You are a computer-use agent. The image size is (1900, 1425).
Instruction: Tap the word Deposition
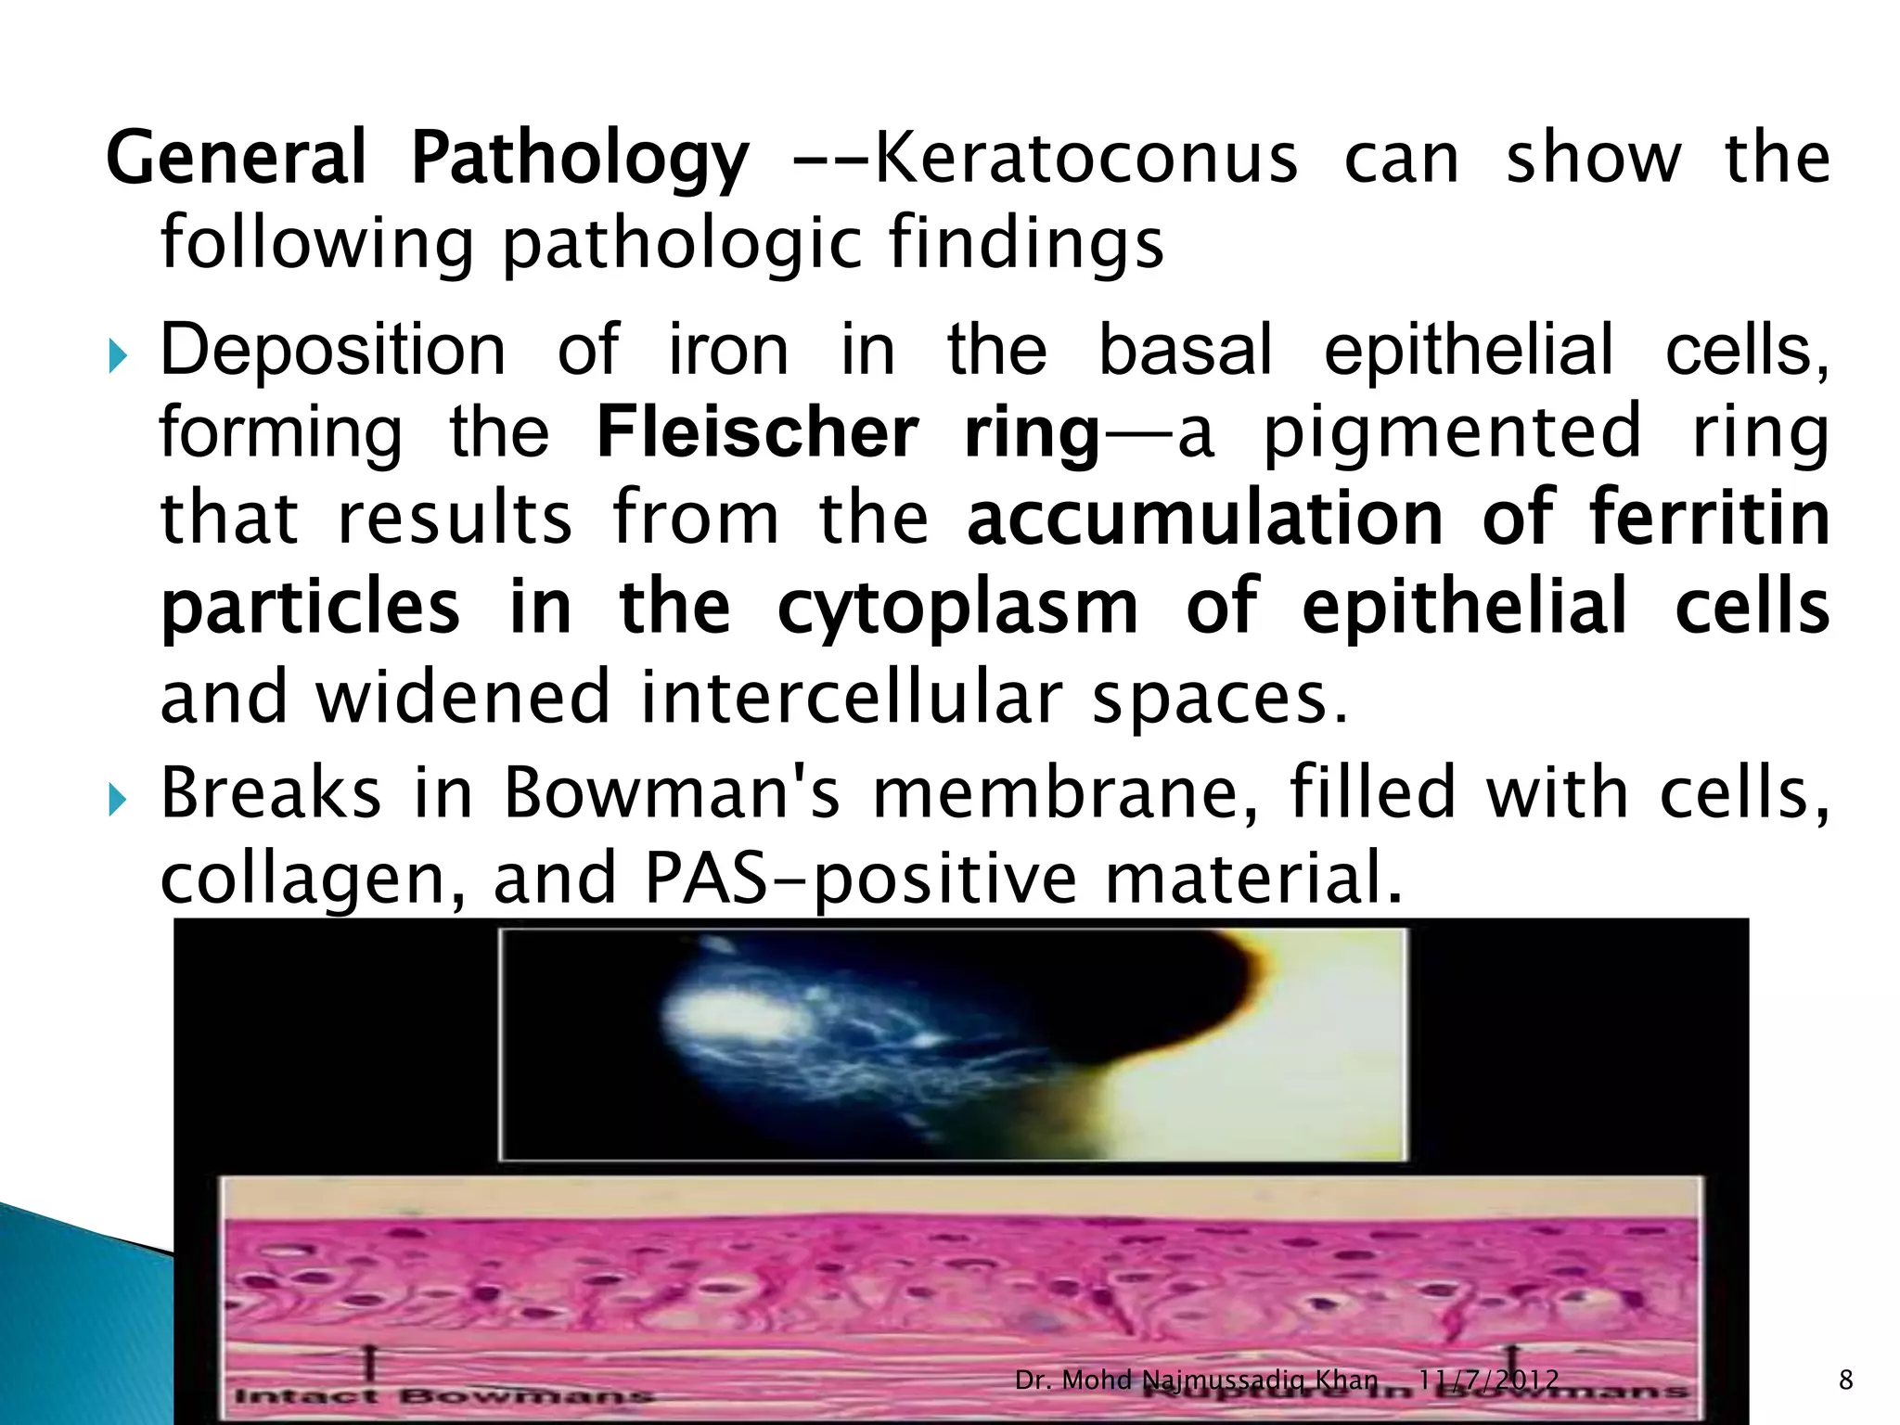[334, 351]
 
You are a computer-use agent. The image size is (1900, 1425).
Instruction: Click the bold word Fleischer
[757, 432]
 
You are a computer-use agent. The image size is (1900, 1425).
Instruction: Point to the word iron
[729, 351]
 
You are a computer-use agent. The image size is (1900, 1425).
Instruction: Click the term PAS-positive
[859, 879]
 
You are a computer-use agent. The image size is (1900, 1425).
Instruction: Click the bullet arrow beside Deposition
[116, 355]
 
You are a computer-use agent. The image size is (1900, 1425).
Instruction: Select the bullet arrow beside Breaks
[116, 799]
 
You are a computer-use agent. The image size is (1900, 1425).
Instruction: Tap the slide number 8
[1845, 1381]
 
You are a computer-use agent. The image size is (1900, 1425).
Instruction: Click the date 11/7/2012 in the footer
[1488, 1380]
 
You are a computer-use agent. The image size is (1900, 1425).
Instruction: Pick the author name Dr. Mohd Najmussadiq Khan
[1196, 1380]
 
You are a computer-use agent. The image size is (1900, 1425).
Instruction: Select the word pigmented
[1453, 432]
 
